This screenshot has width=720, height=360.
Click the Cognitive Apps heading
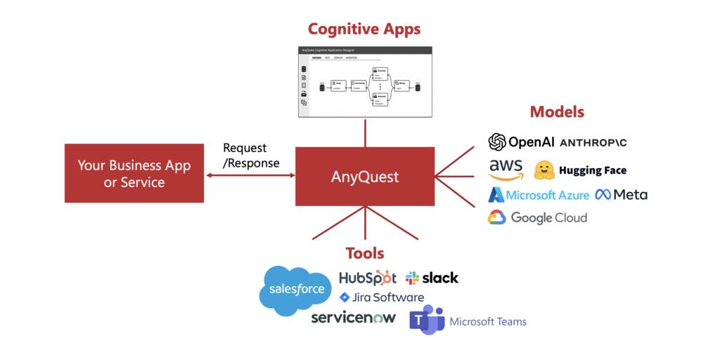pyautogui.click(x=364, y=29)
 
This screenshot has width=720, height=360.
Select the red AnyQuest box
pyautogui.click(x=364, y=176)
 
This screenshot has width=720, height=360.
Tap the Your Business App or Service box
pyautogui.click(x=134, y=173)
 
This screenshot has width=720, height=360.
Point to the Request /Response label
pyautogui.click(x=251, y=155)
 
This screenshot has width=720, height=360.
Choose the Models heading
pyautogui.click(x=557, y=111)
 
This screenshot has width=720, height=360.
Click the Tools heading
pyautogui.click(x=365, y=253)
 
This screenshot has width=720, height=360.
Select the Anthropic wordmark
pyautogui.click(x=593, y=143)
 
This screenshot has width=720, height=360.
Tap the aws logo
pyautogui.click(x=506, y=169)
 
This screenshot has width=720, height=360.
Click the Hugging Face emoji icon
pyautogui.click(x=544, y=170)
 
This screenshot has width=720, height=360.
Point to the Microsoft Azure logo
pyautogui.click(x=539, y=195)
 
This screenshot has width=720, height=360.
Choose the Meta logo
pyautogui.click(x=621, y=195)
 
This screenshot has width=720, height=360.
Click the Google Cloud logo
pyautogui.click(x=537, y=217)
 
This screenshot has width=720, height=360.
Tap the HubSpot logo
pyautogui.click(x=367, y=278)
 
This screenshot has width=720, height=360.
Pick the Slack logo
pyautogui.click(x=432, y=278)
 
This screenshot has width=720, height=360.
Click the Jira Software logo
pyautogui.click(x=381, y=297)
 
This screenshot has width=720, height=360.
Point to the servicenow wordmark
pyautogui.click(x=353, y=317)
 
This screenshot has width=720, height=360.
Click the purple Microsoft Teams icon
pyautogui.click(x=427, y=320)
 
